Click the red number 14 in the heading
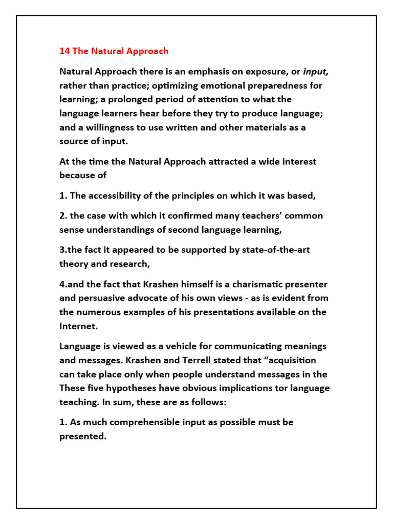(64, 51)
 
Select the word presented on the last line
(82, 436)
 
